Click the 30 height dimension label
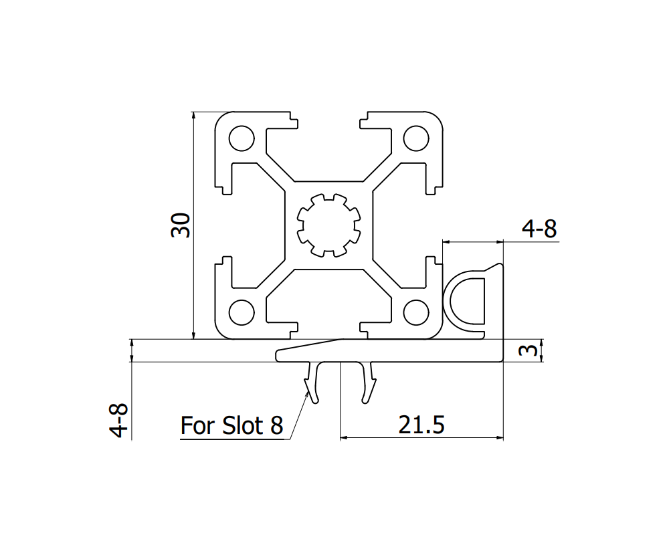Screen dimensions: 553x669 [x=181, y=225]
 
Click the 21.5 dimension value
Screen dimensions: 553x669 [x=421, y=425]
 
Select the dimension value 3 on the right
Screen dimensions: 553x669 [x=529, y=350]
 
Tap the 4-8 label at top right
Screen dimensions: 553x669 [x=539, y=229]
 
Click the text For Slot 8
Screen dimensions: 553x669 [x=232, y=425]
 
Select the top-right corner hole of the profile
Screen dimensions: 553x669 [x=415, y=139]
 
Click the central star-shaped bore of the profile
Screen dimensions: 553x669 [x=328, y=225]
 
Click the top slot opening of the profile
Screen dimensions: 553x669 [x=328, y=120]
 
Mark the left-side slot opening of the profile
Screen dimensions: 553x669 [x=221, y=225]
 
